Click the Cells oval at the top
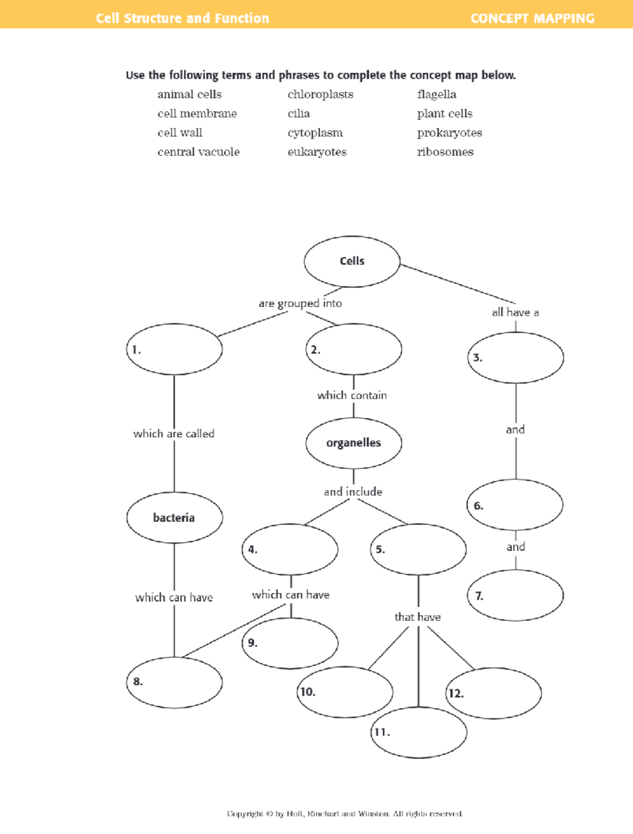pos(352,261)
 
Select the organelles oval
pos(353,443)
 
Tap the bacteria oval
pos(174,517)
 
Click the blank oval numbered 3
pos(516,358)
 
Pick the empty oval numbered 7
pos(516,596)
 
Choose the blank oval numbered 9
pos(290,643)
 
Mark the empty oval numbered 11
pos(419,732)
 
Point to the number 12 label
pos(456,693)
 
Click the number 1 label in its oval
pos(136,350)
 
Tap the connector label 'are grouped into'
pos(300,303)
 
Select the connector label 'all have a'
pos(515,312)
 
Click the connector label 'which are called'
pos(174,434)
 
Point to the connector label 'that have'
pos(417,617)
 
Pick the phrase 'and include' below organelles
pos(353,492)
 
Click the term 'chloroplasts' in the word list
pos(320,94)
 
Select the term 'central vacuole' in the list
pos(198,152)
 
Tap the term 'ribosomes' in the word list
pos(445,152)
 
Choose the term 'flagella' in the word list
pos(436,94)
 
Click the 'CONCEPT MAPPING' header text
pos(532,18)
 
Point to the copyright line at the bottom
pos(345,813)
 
